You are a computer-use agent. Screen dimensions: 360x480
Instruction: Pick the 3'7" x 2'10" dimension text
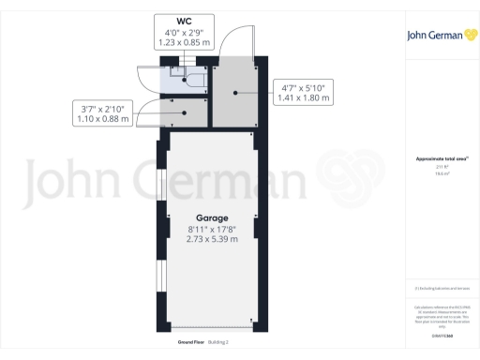pos(105,108)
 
